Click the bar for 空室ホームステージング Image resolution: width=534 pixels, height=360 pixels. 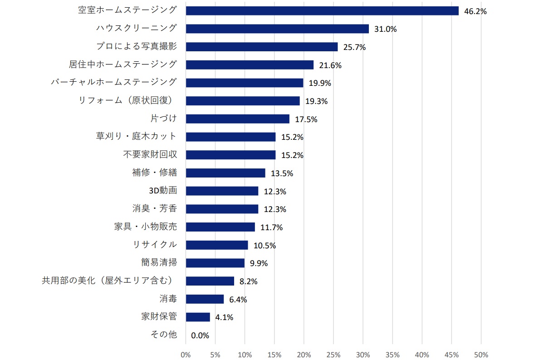coord(322,11)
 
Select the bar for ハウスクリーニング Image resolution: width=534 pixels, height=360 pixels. coord(277,29)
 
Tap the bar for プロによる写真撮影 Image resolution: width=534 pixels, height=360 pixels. coord(262,47)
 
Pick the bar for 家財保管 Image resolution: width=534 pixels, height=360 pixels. coord(198,317)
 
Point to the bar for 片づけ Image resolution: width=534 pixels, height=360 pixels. coord(237,119)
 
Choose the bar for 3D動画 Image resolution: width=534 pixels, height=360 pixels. coord(222,191)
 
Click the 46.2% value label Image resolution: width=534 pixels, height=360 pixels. coord(475,11)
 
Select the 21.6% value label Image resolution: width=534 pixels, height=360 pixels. coord(330,65)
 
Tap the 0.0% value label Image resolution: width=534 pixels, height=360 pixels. coord(200,335)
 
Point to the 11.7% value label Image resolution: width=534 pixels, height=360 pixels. coord(271,227)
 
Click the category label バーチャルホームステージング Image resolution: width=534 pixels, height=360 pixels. coord(114,82)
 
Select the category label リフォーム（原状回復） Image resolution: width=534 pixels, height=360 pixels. coord(127,100)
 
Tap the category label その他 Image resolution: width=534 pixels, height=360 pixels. coord(163,335)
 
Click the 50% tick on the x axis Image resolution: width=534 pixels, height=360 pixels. coord(481,354)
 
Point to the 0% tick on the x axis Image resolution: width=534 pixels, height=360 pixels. coord(186,354)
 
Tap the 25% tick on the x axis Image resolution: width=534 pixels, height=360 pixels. coord(333,354)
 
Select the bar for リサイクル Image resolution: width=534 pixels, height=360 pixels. coord(217,245)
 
